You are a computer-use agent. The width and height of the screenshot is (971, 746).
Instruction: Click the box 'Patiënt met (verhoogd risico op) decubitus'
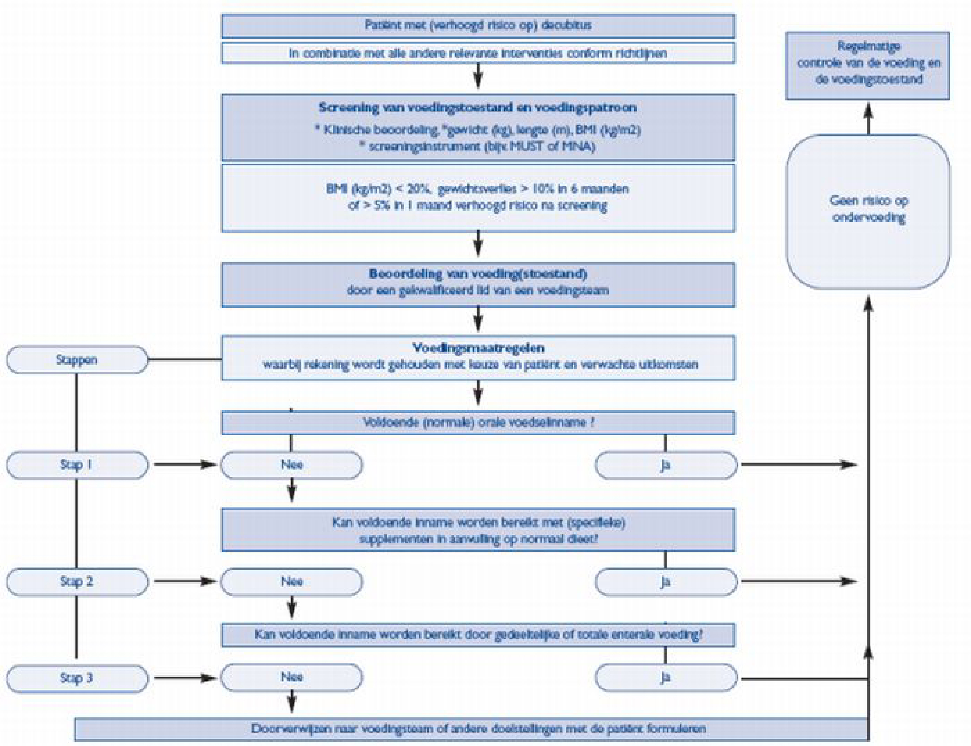(478, 25)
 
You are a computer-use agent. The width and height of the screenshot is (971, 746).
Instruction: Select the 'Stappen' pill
(77, 360)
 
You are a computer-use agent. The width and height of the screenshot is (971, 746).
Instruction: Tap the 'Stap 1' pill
(77, 465)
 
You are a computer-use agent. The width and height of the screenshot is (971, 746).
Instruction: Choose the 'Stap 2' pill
(77, 581)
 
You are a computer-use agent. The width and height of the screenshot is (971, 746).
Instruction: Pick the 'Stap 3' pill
(77, 678)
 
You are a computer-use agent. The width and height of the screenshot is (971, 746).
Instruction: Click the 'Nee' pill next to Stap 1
(291, 465)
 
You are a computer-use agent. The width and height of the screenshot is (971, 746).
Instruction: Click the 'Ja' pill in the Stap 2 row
(665, 581)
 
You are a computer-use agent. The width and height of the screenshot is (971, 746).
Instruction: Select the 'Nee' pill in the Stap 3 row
(291, 677)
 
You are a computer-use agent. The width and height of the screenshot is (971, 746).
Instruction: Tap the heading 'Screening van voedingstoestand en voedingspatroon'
(478, 107)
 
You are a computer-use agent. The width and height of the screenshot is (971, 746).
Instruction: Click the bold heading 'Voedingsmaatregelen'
(478, 348)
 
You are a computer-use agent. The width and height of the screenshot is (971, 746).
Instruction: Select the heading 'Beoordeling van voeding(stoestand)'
(478, 274)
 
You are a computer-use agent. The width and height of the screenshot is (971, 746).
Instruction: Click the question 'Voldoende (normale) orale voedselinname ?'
(478, 422)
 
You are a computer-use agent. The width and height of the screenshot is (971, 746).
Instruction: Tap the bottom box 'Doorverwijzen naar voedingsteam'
(478, 729)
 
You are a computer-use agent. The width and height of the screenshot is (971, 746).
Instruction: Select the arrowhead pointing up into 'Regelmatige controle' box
(868, 110)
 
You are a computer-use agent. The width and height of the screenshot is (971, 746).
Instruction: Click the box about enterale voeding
(478, 635)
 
